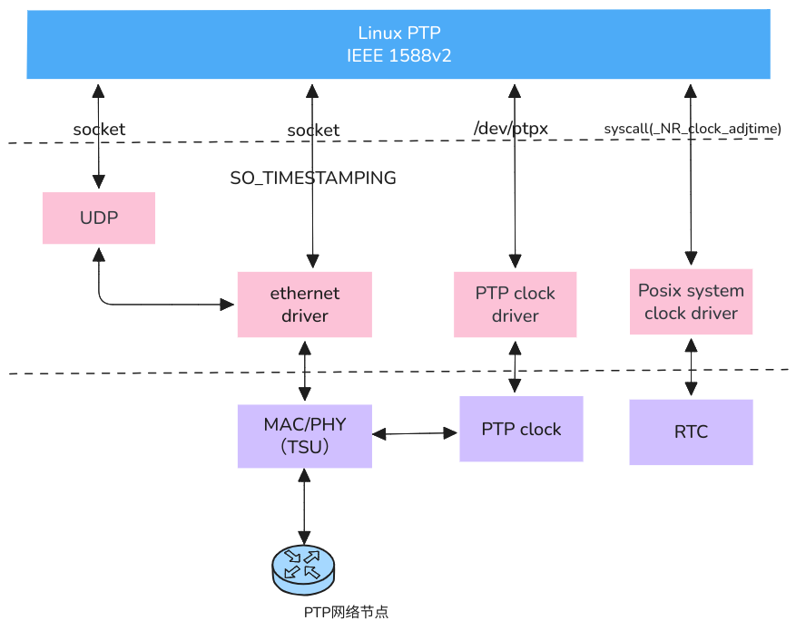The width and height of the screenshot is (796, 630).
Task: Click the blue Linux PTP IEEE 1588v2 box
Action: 227,44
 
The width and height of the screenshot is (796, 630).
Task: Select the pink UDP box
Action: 99,218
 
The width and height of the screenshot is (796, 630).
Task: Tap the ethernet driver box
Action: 305,305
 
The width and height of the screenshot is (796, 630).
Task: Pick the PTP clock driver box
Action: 515,305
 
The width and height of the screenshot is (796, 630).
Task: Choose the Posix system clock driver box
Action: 691,302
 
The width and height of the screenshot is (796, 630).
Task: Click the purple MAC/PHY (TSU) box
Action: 305,436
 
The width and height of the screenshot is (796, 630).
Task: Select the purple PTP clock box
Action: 521,429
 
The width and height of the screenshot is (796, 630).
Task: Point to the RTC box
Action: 691,432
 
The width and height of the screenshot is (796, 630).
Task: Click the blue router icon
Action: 303,567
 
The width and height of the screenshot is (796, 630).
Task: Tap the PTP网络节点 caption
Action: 346,612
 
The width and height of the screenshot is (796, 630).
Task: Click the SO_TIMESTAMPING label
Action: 313,179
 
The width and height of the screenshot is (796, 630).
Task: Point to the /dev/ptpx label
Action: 511,129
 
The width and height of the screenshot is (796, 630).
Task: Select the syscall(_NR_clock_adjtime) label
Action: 693,129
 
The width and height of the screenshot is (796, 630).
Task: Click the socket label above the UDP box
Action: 99,130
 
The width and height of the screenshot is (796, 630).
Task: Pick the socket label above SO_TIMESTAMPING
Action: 313,131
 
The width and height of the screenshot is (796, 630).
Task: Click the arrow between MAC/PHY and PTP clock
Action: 416,434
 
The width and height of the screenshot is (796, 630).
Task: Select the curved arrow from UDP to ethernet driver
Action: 136,304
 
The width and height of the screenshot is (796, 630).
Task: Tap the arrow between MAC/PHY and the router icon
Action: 304,508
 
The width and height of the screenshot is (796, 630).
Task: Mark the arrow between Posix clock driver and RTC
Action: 693,367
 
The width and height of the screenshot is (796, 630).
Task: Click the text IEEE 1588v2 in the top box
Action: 399,56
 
